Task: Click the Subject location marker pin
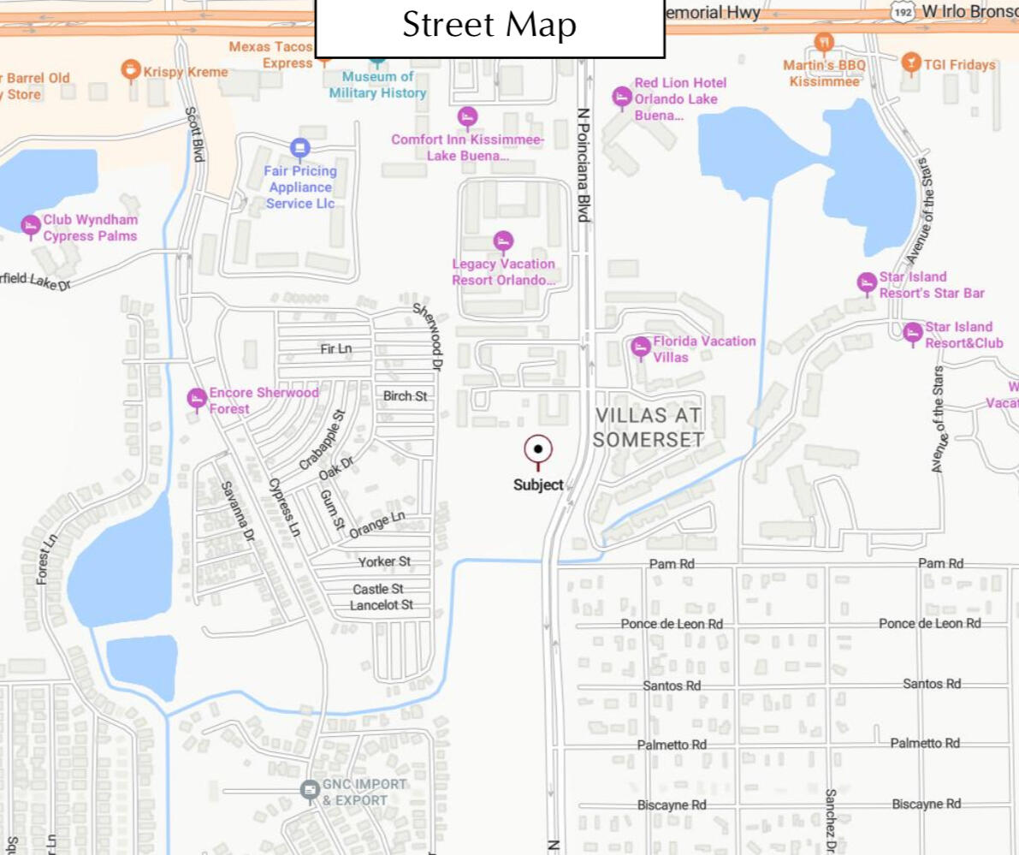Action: [x=538, y=449]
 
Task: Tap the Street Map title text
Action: [x=489, y=26]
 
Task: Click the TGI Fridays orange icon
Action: [x=909, y=62]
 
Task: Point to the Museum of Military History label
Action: [x=377, y=85]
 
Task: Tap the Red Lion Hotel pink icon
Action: [x=622, y=97]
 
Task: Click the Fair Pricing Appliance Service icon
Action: [x=299, y=148]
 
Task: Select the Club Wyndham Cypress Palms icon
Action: [x=31, y=225]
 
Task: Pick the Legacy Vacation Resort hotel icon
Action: [x=504, y=241]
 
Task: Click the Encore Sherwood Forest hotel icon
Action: [x=197, y=399]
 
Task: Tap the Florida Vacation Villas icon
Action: [x=641, y=347]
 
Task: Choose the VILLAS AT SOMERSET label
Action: [x=649, y=427]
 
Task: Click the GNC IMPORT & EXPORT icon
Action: [x=311, y=790]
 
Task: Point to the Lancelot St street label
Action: [x=382, y=605]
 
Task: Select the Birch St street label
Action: [x=405, y=396]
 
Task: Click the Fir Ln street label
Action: [x=335, y=348]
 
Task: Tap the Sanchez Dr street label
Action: [x=829, y=820]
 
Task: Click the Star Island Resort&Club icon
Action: [x=913, y=332]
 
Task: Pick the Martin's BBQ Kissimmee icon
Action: [x=824, y=43]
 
